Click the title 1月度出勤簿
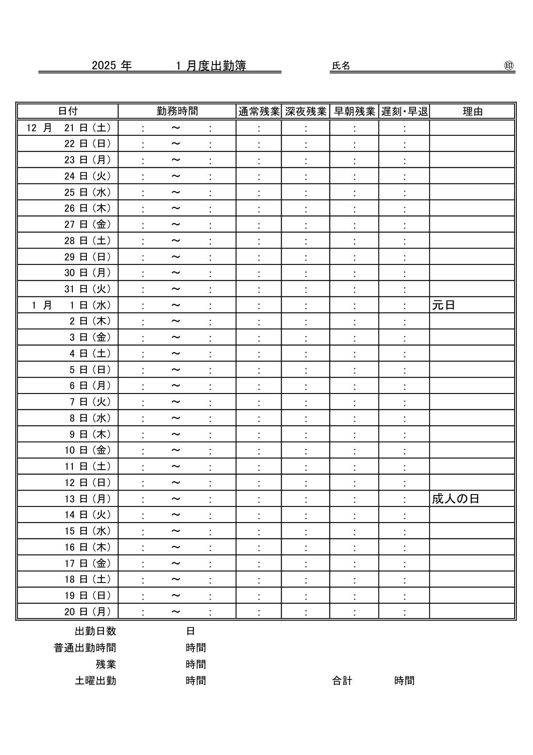(x=211, y=66)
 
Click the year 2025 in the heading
(x=104, y=66)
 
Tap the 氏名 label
(x=341, y=66)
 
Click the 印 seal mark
(x=509, y=66)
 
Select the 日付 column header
(x=68, y=111)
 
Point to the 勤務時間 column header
(x=177, y=111)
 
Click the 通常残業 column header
(x=259, y=112)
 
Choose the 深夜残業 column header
(x=306, y=112)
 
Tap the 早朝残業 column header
(x=354, y=112)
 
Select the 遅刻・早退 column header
(x=404, y=112)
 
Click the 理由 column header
(x=472, y=112)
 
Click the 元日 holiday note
(x=444, y=305)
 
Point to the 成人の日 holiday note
(x=455, y=499)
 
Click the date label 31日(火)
(x=88, y=289)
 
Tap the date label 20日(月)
(x=88, y=611)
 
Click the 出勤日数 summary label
(x=95, y=631)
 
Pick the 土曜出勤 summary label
(x=95, y=681)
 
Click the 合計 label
(x=342, y=681)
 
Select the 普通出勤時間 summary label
(x=85, y=648)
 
